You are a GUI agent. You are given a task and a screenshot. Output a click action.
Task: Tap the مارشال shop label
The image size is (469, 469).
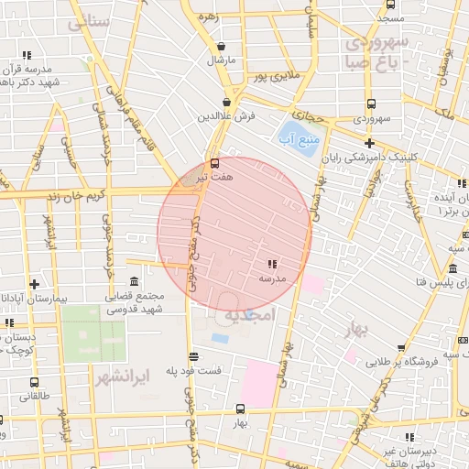221,60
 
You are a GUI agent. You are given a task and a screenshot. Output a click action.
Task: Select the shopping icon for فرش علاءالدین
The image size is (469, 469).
226,103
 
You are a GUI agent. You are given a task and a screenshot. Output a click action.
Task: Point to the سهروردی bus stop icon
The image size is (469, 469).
370,104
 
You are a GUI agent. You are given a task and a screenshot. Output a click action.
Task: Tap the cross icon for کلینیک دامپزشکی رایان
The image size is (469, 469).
368,143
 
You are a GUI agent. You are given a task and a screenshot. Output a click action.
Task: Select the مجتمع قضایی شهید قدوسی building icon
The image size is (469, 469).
135,281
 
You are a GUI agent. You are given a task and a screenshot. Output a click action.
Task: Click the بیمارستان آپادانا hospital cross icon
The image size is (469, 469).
34,284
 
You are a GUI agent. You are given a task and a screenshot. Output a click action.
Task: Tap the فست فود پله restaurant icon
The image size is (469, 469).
192,357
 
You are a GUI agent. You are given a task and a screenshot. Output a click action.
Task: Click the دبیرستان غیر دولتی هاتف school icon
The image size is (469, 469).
409,438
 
